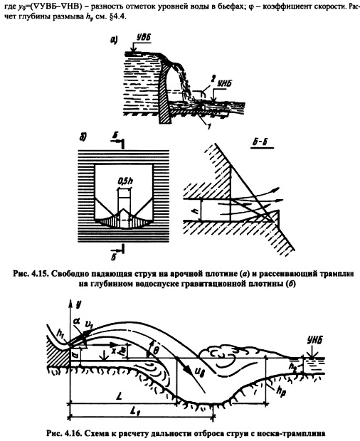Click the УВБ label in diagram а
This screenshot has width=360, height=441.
click(144, 38)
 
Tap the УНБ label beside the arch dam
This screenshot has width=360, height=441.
click(224, 83)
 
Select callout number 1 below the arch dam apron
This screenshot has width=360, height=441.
click(208, 127)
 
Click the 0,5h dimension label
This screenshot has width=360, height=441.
click(125, 181)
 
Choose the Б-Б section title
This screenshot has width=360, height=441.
click(259, 142)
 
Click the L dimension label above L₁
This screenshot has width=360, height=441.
click(119, 397)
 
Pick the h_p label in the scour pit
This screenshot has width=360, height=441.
click(281, 391)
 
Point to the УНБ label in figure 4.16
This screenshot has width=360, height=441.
click(314, 341)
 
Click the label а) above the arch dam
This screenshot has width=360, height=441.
click(114, 41)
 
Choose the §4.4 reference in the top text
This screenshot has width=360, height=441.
click(118, 17)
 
